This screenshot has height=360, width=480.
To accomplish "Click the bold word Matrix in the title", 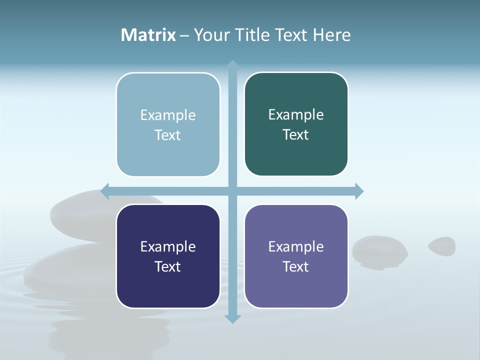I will pyautogui.click(x=148, y=35).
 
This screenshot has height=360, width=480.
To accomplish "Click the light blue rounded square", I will pyautogui.click(x=168, y=124).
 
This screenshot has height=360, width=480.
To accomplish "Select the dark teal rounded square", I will pyautogui.click(x=296, y=124).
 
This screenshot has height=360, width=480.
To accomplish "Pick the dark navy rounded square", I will pyautogui.click(x=168, y=256).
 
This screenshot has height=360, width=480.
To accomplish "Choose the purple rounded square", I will pyautogui.click(x=296, y=256).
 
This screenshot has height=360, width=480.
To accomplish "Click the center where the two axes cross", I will pyautogui.click(x=232, y=190).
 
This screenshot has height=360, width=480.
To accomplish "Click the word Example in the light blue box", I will pyautogui.click(x=168, y=115).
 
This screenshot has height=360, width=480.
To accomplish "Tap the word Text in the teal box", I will pyautogui.click(x=296, y=134).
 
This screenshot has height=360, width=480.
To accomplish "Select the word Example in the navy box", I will pyautogui.click(x=168, y=246).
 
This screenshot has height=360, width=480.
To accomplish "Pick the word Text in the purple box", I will pyautogui.click(x=296, y=266).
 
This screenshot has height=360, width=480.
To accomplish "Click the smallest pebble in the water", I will pyautogui.click(x=442, y=245).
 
